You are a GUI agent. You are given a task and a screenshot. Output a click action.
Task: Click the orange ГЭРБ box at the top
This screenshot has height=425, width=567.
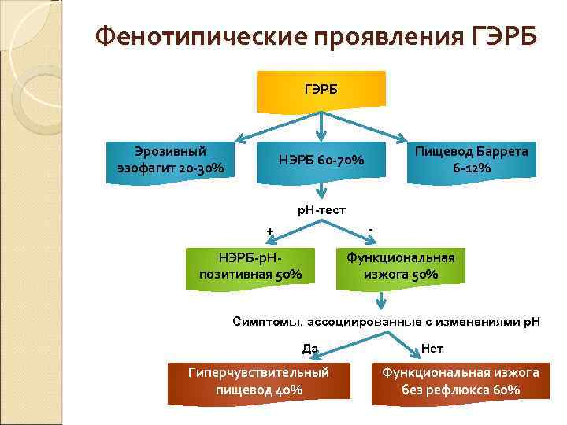[x=321, y=91]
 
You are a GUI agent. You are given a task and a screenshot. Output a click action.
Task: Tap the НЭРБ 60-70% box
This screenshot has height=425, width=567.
[x=321, y=161]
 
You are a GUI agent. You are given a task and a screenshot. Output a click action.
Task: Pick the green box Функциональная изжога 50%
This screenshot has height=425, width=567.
[x=401, y=266]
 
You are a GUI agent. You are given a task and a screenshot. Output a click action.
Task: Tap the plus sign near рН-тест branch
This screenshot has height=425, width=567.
[x=269, y=231]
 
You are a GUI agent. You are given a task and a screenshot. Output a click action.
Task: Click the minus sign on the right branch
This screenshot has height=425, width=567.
[x=371, y=229]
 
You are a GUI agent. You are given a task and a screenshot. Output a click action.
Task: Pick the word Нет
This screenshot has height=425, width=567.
[x=432, y=347]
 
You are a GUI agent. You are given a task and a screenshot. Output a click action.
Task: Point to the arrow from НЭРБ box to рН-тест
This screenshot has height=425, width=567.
[x=323, y=190]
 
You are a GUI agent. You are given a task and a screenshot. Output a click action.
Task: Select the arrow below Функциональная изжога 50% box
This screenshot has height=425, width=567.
[x=382, y=300]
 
